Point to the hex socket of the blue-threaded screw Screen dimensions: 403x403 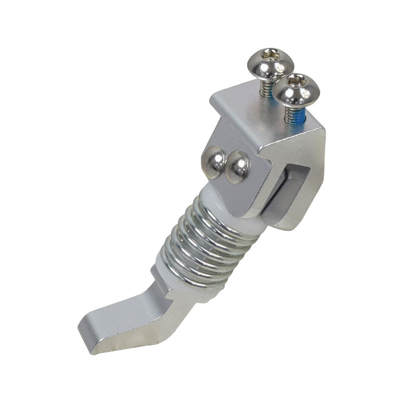tap(297, 82)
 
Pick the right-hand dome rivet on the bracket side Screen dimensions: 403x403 tap(237, 166)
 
